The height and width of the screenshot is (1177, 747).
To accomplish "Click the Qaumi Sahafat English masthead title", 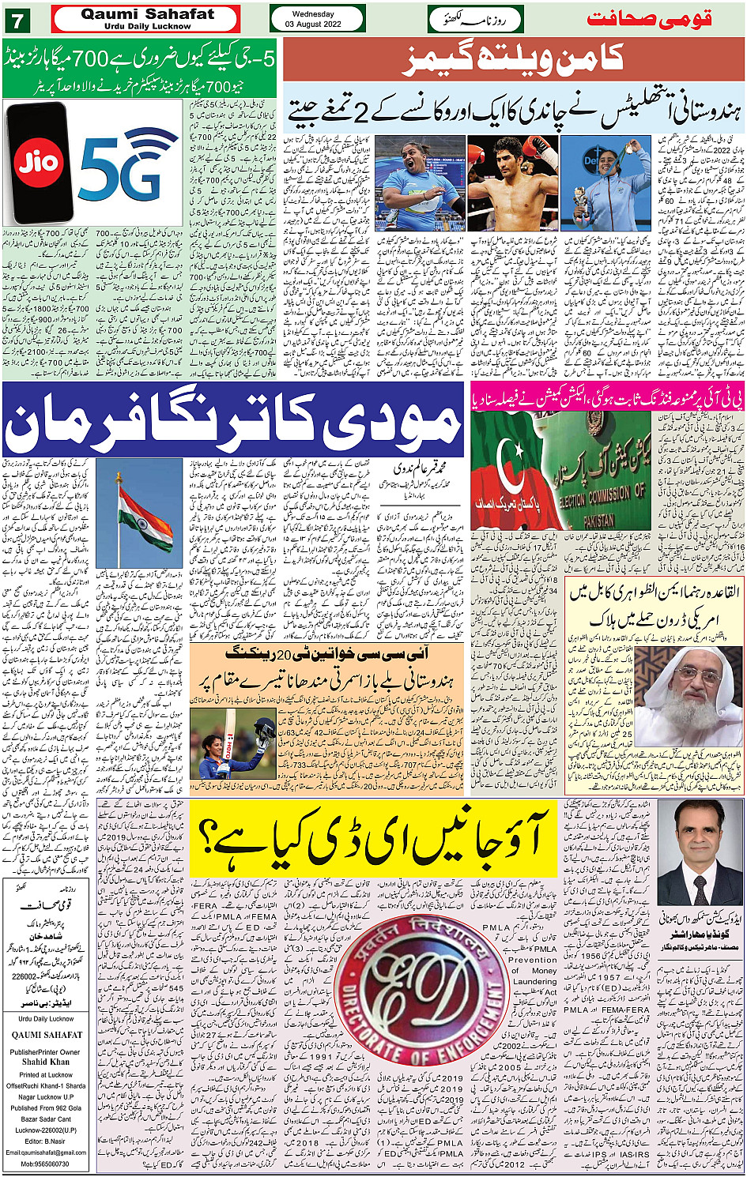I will click(147, 14).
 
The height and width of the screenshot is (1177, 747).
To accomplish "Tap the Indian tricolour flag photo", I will click(145, 513).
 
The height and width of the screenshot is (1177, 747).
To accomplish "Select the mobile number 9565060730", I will click(46, 1164).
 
